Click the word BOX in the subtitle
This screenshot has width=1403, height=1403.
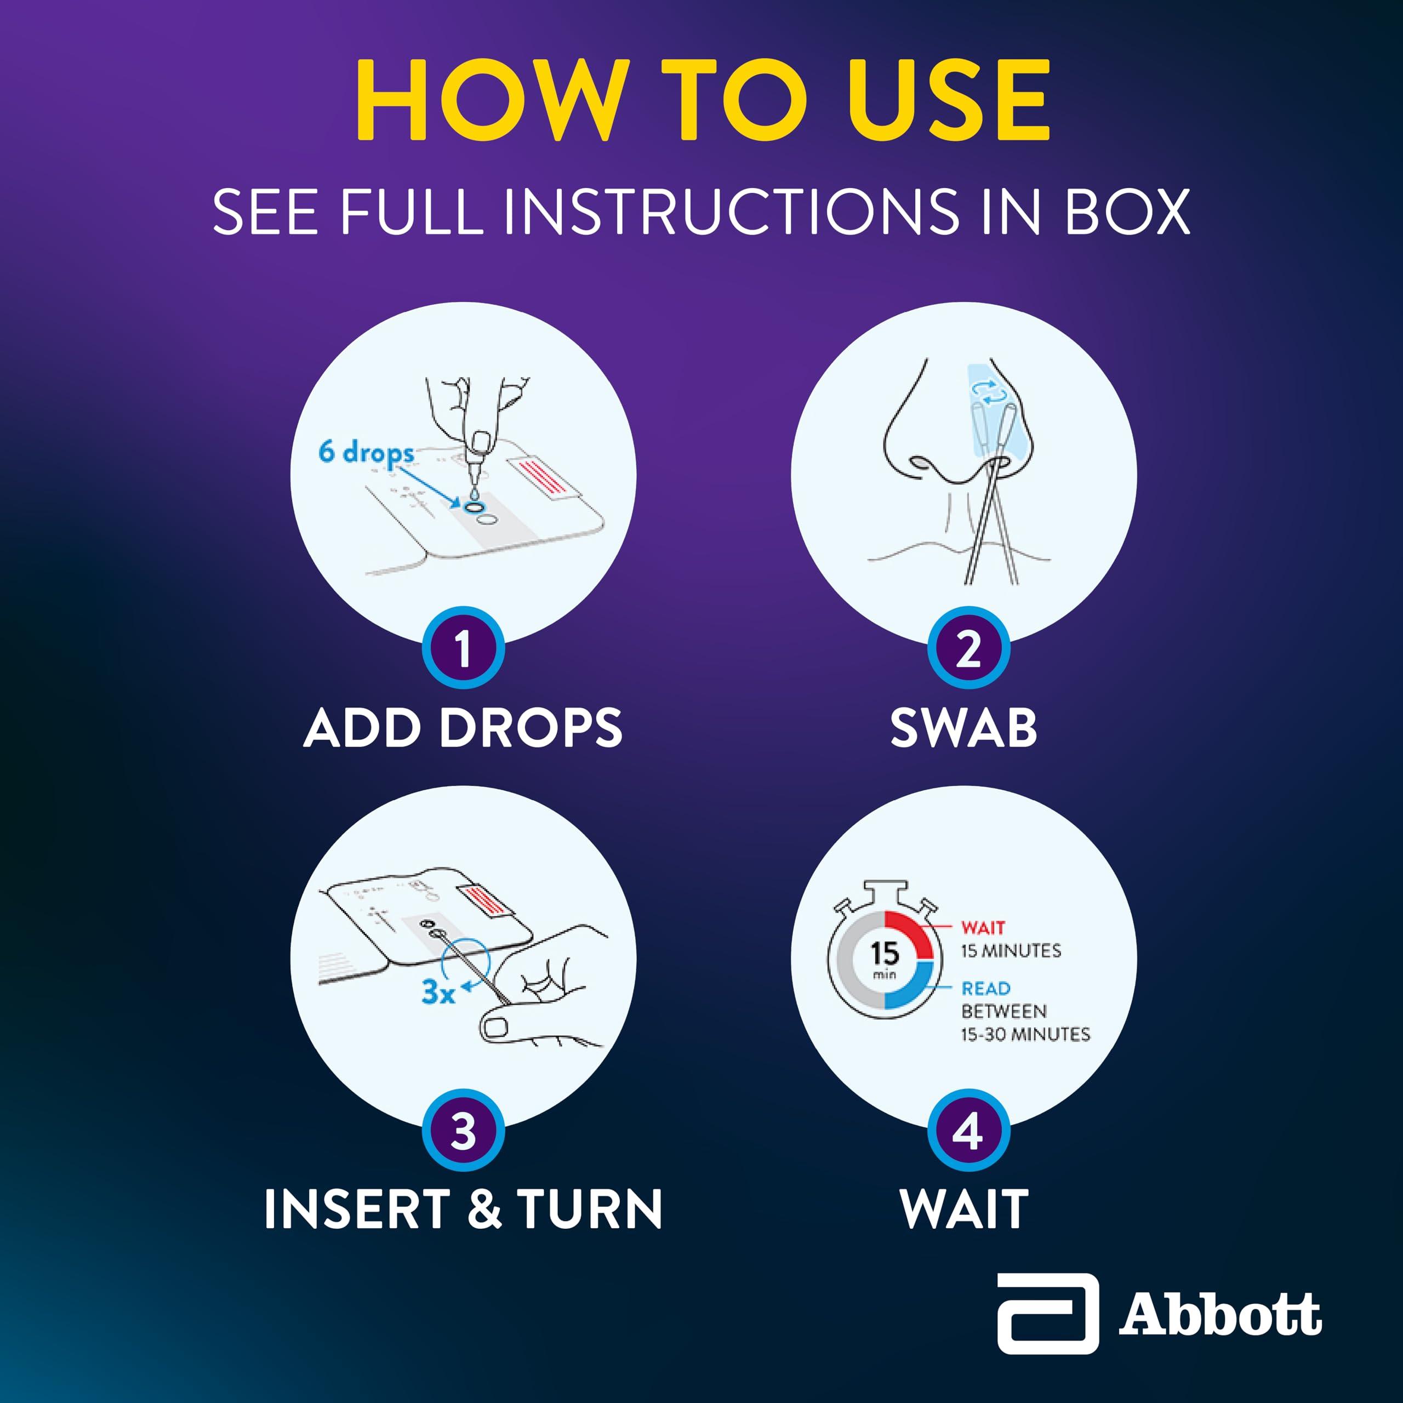(1127, 212)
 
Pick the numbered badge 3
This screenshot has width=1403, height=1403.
(463, 1131)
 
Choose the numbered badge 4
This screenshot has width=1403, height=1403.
(968, 1131)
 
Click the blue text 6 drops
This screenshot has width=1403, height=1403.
(366, 453)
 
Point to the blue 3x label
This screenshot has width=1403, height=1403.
(438, 992)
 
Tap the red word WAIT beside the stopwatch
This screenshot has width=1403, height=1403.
(983, 927)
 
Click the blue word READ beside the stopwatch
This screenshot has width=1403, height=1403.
(985, 988)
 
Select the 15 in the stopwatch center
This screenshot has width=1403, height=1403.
(885, 952)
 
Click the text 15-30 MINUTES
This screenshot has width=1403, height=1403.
(1025, 1034)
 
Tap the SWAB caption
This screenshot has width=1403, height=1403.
(963, 728)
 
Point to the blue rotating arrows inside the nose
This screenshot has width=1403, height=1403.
(990, 392)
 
